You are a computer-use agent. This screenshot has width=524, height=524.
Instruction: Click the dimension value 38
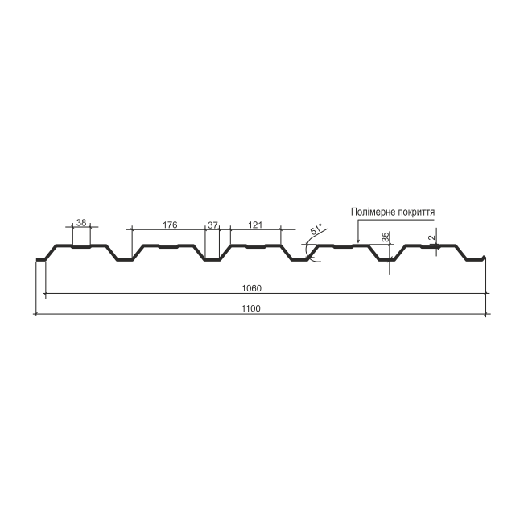point(81,223)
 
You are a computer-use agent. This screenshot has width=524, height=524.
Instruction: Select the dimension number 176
point(170,225)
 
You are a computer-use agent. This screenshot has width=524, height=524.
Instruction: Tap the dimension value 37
point(212,225)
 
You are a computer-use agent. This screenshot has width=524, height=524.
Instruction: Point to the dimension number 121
point(255,225)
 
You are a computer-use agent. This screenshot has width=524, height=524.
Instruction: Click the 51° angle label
point(316,229)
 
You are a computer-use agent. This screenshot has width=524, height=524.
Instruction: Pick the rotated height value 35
point(386,237)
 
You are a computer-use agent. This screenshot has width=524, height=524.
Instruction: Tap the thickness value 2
point(431,238)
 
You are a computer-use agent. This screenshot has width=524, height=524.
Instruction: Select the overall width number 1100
point(251,308)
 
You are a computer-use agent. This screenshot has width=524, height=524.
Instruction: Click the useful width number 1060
point(252,288)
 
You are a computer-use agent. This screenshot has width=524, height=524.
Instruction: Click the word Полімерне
point(373,212)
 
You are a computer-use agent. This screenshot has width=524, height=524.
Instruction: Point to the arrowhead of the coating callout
point(358,241)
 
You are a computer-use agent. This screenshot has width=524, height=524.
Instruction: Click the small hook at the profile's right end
point(484,258)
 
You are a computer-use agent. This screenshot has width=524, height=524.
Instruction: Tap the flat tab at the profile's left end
point(40,260)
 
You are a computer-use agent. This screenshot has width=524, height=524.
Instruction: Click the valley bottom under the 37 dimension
point(212,260)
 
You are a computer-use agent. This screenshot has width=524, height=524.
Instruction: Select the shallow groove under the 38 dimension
point(81,247)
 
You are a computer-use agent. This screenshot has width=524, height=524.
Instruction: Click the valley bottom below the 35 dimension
point(387,260)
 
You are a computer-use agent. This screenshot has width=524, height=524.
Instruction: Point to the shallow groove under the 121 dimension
point(256,247)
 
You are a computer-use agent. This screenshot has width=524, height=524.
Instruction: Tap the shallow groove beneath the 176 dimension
point(168,247)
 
